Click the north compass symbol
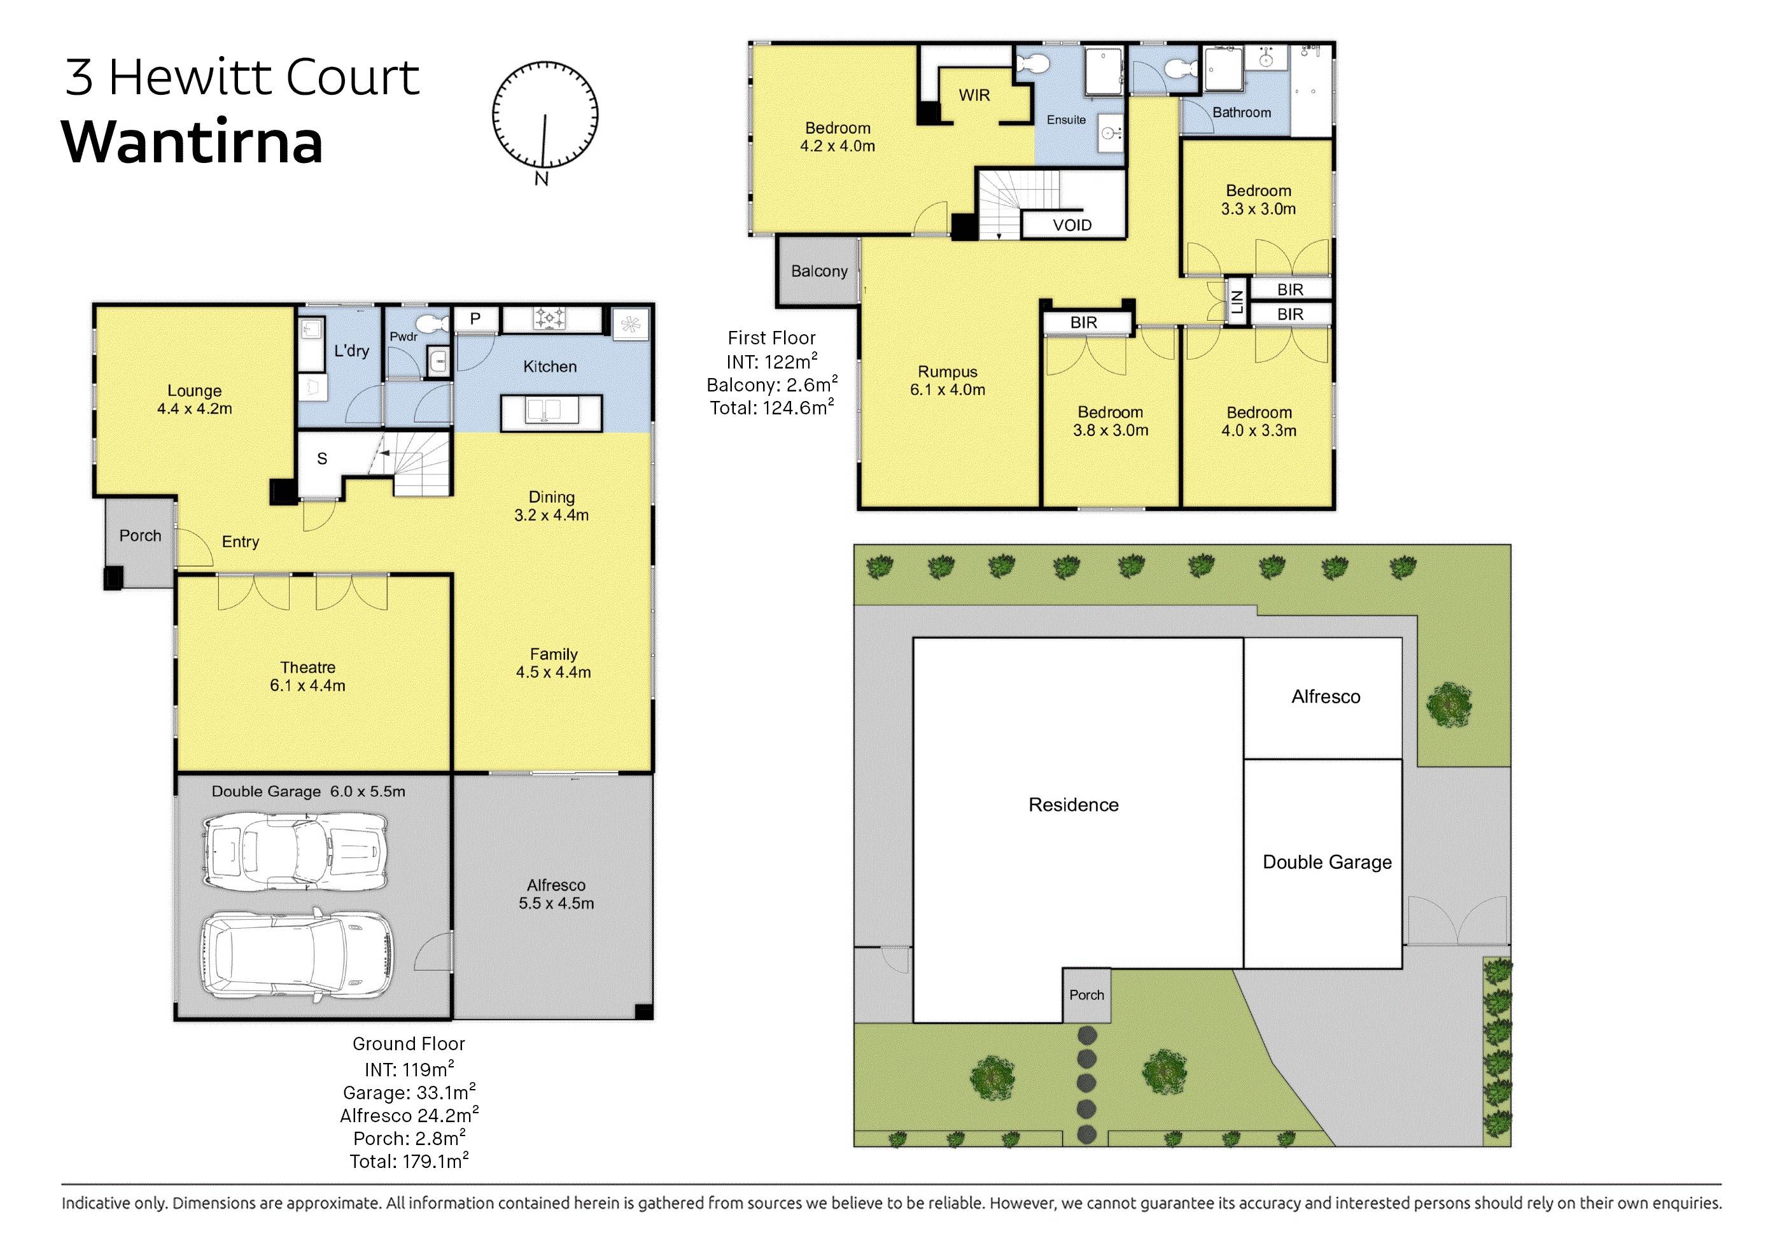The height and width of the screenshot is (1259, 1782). click(x=545, y=116)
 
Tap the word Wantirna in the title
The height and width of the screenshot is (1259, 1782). click(x=192, y=142)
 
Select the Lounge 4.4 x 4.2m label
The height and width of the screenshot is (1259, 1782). click(x=194, y=400)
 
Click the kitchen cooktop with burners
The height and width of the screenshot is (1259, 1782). click(x=551, y=318)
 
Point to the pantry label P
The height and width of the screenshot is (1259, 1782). click(x=475, y=318)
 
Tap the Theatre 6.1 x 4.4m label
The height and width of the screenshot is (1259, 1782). click(x=307, y=676)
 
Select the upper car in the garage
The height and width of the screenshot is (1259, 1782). click(x=295, y=849)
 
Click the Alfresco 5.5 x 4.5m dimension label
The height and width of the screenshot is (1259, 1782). click(x=556, y=894)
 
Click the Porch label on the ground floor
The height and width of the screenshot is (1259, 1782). click(x=140, y=535)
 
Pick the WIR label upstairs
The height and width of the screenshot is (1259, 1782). click(x=974, y=95)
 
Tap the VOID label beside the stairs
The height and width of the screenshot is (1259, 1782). click(x=1072, y=225)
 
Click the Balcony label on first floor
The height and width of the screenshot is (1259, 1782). click(x=819, y=271)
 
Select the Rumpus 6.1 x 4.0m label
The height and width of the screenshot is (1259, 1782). click(x=947, y=381)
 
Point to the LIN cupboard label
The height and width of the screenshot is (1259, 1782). click(x=1237, y=301)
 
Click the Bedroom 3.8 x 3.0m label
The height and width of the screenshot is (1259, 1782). click(x=1110, y=421)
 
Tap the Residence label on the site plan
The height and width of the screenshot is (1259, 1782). click(x=1074, y=805)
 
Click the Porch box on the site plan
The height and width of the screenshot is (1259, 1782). click(x=1086, y=994)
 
